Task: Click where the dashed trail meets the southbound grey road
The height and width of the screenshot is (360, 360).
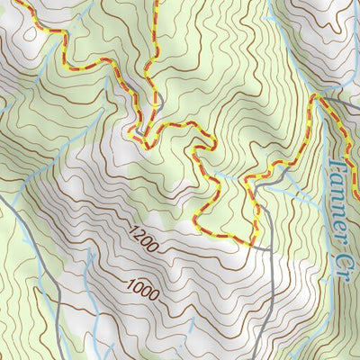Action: tap(256, 238)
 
